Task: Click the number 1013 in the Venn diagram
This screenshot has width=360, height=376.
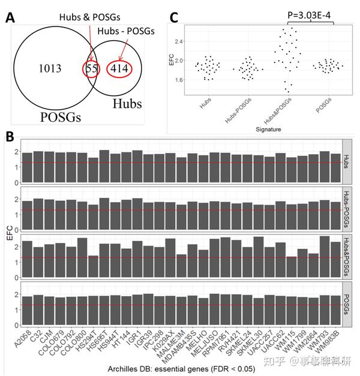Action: point(50,68)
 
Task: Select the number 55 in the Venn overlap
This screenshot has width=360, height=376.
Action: point(92,68)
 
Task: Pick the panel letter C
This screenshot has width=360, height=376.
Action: point(175,17)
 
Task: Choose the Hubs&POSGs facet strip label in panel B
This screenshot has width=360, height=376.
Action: point(346,255)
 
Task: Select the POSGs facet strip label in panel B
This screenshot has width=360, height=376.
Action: point(346,299)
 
